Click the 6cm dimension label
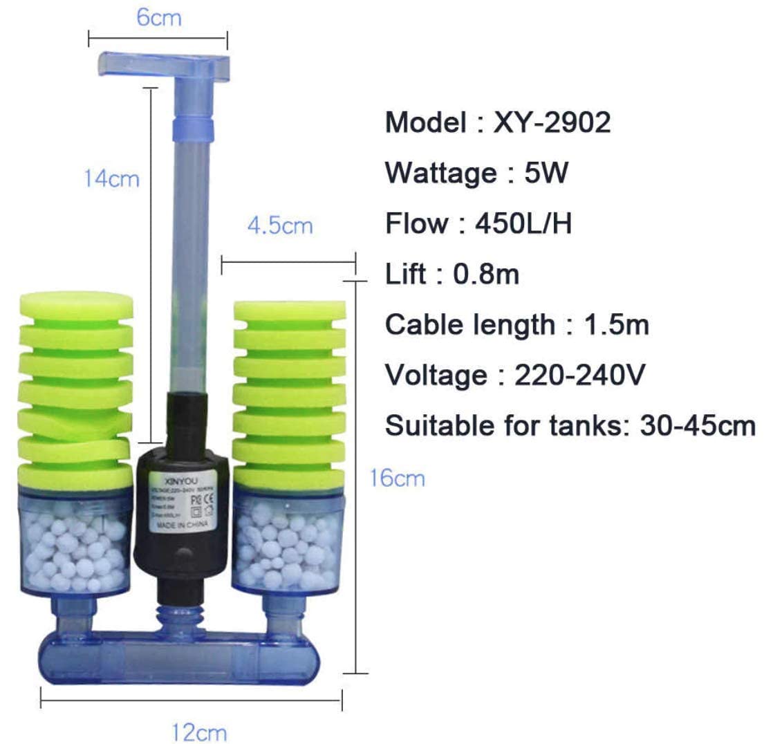click(158, 17)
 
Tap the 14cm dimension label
click(111, 178)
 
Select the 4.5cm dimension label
click(280, 225)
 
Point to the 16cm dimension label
click(397, 478)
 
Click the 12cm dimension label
click(199, 732)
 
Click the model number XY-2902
click(552, 122)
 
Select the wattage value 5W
click(546, 173)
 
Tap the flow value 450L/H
click(523, 223)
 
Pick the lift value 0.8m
click(485, 275)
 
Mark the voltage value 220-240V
click(579, 375)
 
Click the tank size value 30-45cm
click(698, 426)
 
